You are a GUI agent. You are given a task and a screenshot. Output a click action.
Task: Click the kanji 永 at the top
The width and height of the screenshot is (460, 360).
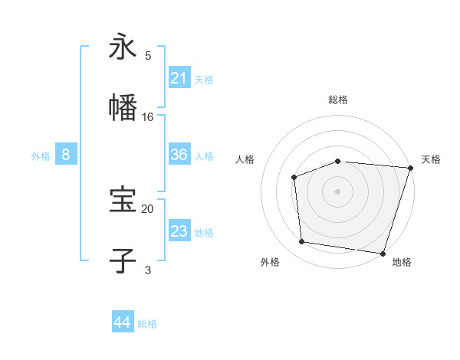coord(123,47)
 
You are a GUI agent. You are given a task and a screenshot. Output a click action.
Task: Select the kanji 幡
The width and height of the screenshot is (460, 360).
coord(123,108)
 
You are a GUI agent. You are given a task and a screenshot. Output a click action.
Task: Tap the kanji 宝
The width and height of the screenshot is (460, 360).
coord(123,200)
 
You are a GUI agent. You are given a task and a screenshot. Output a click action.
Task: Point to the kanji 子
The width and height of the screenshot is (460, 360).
coord(123,260)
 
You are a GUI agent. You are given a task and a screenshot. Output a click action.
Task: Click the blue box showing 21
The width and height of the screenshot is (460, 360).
coord(179,77)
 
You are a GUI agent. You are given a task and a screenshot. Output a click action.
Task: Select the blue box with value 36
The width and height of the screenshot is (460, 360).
coord(179,155)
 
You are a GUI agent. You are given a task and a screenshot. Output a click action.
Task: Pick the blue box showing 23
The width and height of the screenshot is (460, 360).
coord(179,231)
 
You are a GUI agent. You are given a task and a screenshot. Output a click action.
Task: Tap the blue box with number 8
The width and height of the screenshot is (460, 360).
coord(66,155)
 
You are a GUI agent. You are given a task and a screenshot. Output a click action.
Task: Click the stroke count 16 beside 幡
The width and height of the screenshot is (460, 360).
coord(148,117)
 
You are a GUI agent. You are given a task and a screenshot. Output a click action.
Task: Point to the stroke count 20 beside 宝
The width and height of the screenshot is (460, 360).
coord(148,208)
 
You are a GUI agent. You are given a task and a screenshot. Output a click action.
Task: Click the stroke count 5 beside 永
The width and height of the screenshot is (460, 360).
coord(148,56)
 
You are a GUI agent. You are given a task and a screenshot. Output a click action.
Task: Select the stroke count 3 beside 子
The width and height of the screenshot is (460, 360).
coord(148,270)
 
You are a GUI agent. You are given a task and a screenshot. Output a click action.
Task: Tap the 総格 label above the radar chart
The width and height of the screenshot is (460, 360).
coord(337,100)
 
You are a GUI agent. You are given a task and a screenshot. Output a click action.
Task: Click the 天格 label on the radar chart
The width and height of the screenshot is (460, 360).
coord(431,159)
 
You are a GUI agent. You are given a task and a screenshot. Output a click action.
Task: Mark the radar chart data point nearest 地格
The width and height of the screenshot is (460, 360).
coord(383,253)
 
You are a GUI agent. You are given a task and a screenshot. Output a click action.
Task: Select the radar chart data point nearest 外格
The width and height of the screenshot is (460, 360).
coord(302,242)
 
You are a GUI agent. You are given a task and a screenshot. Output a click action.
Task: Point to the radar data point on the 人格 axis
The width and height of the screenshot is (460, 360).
coord(294,177)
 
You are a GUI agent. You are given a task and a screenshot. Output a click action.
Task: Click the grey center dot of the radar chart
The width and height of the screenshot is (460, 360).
coord(337,191)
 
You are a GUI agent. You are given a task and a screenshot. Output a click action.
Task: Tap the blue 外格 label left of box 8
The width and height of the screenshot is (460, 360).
coord(41,155)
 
